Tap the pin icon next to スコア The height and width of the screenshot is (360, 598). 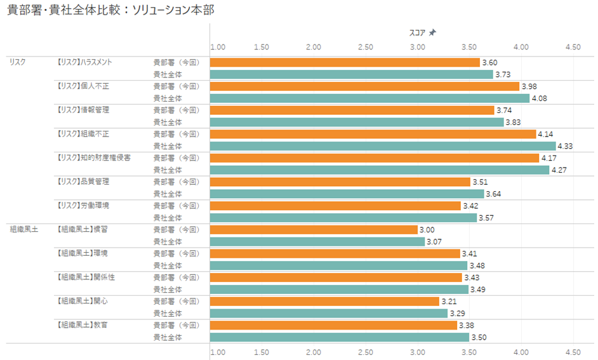(433, 32)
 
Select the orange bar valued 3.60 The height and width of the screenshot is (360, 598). (345, 62)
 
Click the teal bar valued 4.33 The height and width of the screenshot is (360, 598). (383, 146)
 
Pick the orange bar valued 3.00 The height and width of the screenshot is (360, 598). (314, 230)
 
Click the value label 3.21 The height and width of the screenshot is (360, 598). (449, 301)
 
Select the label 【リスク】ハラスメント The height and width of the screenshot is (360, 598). (84, 62)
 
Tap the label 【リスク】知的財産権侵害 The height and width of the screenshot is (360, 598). (93, 157)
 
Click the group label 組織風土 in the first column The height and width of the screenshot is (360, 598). (23, 229)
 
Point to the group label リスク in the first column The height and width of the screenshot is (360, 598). (17, 62)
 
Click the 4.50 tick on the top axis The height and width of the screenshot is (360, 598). (573, 47)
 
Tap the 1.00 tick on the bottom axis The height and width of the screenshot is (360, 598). (218, 351)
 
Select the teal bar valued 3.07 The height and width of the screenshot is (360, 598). (317, 242)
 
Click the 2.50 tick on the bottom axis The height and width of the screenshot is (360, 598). (365, 351)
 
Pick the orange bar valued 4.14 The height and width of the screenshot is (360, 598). (373, 134)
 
